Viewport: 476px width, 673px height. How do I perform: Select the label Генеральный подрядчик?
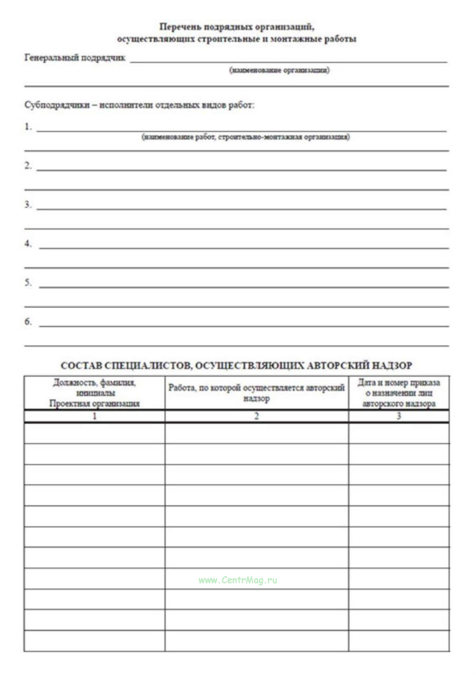[x=75, y=58]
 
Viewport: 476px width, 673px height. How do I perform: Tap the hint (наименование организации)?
[x=279, y=70]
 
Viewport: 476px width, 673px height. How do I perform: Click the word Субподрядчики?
[x=57, y=105]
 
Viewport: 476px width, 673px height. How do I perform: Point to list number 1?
[x=28, y=127]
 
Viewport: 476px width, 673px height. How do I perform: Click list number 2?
[x=28, y=165]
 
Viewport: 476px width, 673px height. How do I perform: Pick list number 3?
[x=28, y=204]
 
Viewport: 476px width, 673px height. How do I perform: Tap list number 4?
[x=28, y=243]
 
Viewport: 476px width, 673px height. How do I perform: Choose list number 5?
[x=28, y=282]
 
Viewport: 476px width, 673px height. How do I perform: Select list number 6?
[x=28, y=321]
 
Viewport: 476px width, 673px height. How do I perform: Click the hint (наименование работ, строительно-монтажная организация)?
[x=246, y=137]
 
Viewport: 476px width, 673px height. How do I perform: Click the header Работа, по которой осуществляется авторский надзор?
[x=256, y=393]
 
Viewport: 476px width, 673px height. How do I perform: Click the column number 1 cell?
[x=94, y=416]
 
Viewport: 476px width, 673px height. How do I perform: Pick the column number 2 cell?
[x=256, y=416]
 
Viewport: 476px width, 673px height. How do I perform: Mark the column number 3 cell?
[x=399, y=416]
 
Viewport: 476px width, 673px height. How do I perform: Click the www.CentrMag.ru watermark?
[x=238, y=580]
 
